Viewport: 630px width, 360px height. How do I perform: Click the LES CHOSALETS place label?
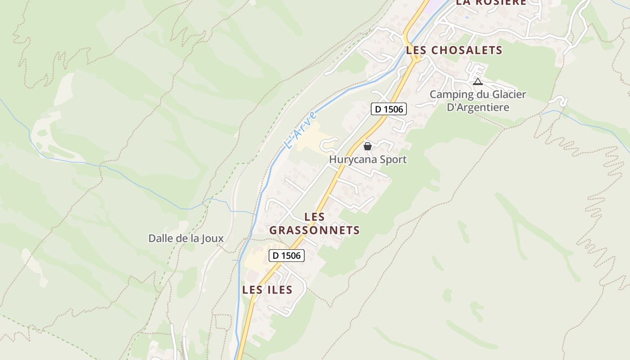tap(454, 50)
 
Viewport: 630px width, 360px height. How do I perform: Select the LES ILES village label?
tap(267, 290)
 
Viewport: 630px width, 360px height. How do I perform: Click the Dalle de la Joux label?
tap(186, 238)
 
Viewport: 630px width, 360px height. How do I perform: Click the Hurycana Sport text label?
tap(368, 159)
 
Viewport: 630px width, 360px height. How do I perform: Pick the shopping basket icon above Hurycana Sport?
tap(367, 146)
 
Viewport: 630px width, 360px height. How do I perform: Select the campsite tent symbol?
tap(477, 82)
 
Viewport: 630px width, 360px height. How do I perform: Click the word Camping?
tap(452, 95)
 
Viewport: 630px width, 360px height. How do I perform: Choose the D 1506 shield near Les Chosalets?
tap(389, 109)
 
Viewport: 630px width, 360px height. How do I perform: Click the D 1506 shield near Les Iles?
tap(287, 256)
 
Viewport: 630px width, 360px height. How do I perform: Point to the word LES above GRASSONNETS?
tap(315, 217)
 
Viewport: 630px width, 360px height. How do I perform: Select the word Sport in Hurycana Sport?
tap(393, 159)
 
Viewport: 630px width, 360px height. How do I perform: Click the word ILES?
tap(279, 290)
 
